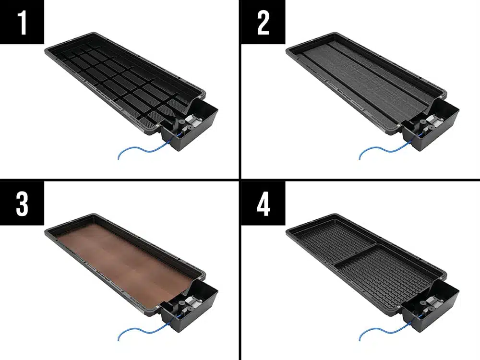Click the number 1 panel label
click(22, 22)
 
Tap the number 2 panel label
click(263, 22)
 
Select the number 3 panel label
click(22, 203)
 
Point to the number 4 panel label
click(263, 203)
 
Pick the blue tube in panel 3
click(144, 330)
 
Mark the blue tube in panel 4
click(385, 330)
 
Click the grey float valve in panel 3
click(193, 301)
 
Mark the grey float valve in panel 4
click(434, 301)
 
